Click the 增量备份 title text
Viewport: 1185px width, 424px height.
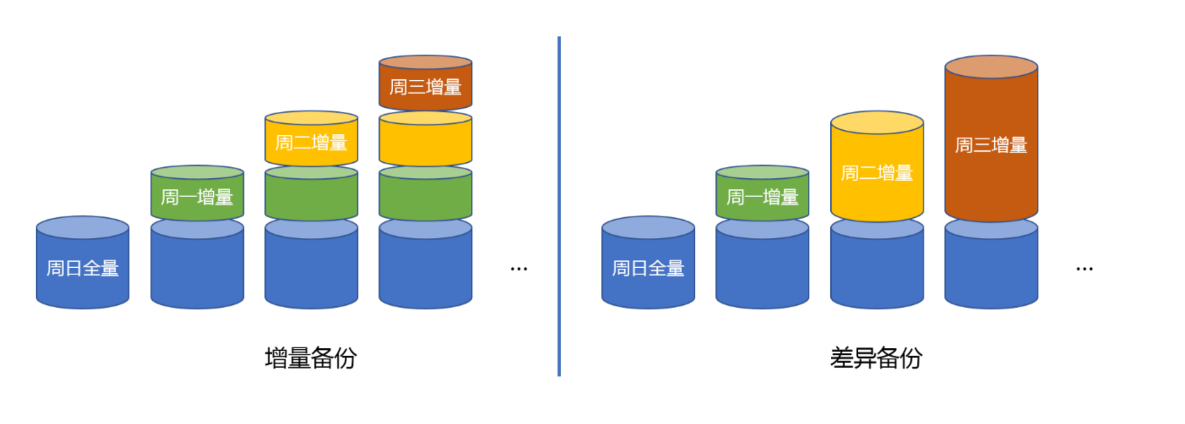(311, 358)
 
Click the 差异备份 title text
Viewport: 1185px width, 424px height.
(876, 358)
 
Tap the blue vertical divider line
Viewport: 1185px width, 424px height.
(559, 204)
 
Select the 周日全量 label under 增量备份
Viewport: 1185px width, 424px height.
(82, 268)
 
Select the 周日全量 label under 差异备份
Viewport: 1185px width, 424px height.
(648, 268)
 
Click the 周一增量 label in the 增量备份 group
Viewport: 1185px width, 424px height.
(197, 197)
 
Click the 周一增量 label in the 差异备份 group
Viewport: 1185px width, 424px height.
(762, 197)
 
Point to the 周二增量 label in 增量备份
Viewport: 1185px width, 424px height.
(311, 143)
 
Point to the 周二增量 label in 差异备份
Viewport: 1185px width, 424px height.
(877, 173)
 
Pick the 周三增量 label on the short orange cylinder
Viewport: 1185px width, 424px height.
(425, 87)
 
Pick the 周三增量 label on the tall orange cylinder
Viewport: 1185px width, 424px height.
(991, 145)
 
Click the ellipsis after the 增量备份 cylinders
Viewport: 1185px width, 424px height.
(519, 269)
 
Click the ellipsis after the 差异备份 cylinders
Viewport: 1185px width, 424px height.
(1084, 269)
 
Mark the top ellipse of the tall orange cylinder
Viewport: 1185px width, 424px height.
(991, 67)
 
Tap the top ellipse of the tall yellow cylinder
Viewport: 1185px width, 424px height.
(877, 123)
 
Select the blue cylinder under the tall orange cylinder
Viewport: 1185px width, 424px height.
(991, 271)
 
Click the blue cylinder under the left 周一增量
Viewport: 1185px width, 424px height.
(197, 271)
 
